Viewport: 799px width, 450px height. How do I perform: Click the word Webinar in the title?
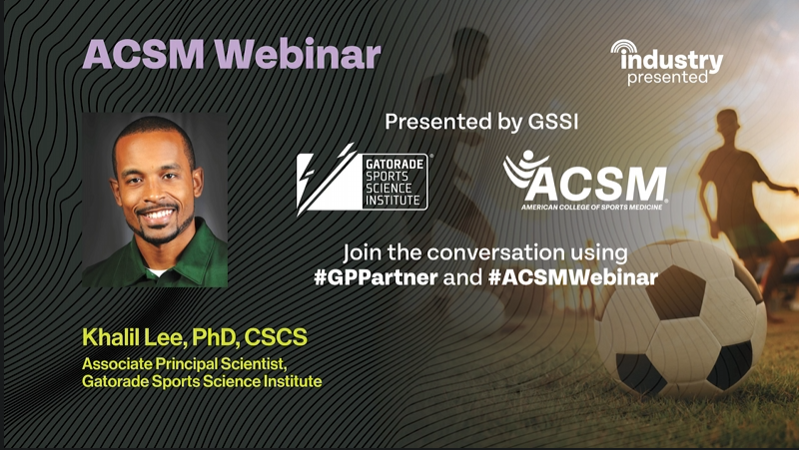[298, 54]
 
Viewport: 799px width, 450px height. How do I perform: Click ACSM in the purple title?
[144, 54]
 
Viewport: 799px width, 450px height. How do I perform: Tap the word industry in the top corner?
[671, 61]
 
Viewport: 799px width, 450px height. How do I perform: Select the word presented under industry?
[667, 78]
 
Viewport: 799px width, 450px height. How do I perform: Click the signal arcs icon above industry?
[624, 47]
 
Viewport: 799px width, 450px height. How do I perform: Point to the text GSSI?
[553, 122]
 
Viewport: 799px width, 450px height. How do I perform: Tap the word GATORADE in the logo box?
[395, 164]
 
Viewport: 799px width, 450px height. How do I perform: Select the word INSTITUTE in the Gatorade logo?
[393, 201]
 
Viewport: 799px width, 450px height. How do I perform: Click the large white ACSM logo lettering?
[596, 185]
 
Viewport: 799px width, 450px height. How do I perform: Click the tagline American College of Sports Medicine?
[591, 207]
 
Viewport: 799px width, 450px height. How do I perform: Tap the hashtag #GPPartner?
[376, 278]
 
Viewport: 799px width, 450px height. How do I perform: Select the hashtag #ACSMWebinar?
[573, 278]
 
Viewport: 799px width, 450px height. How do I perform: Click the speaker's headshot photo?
[155, 200]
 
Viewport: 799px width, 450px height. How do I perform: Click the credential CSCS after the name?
[276, 337]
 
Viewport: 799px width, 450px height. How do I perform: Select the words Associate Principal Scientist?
[185, 364]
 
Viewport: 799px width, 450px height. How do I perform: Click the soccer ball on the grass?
[680, 320]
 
